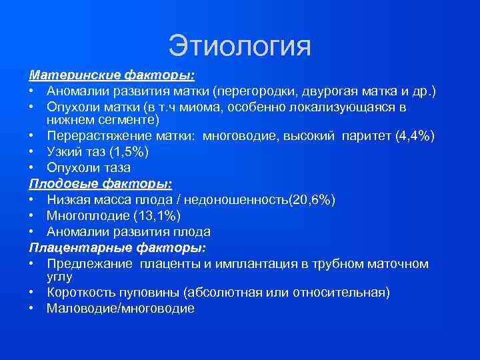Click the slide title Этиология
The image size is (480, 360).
239,47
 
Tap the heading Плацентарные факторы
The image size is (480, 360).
117,247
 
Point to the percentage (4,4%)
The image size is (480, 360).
415,136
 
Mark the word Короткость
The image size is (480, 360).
81,292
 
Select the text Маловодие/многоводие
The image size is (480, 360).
121,308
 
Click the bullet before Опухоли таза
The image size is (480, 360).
32,167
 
